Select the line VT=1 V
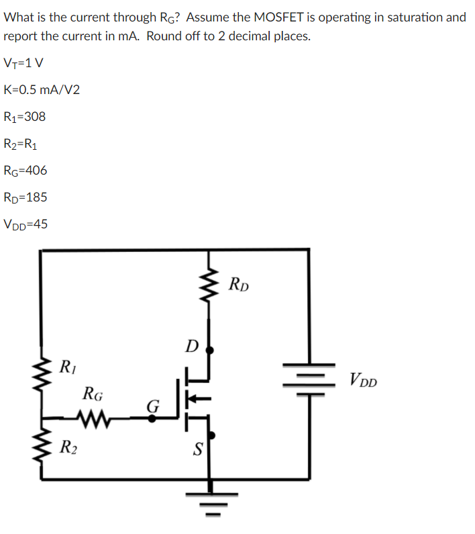coord(24,63)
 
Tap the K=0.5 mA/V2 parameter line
coord(42,90)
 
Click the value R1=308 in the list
coord(25,117)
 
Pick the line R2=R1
coord(24,144)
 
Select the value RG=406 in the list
coord(25,171)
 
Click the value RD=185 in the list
coord(25,197)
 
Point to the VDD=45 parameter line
coord(25,224)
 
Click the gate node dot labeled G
coord(152,418)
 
